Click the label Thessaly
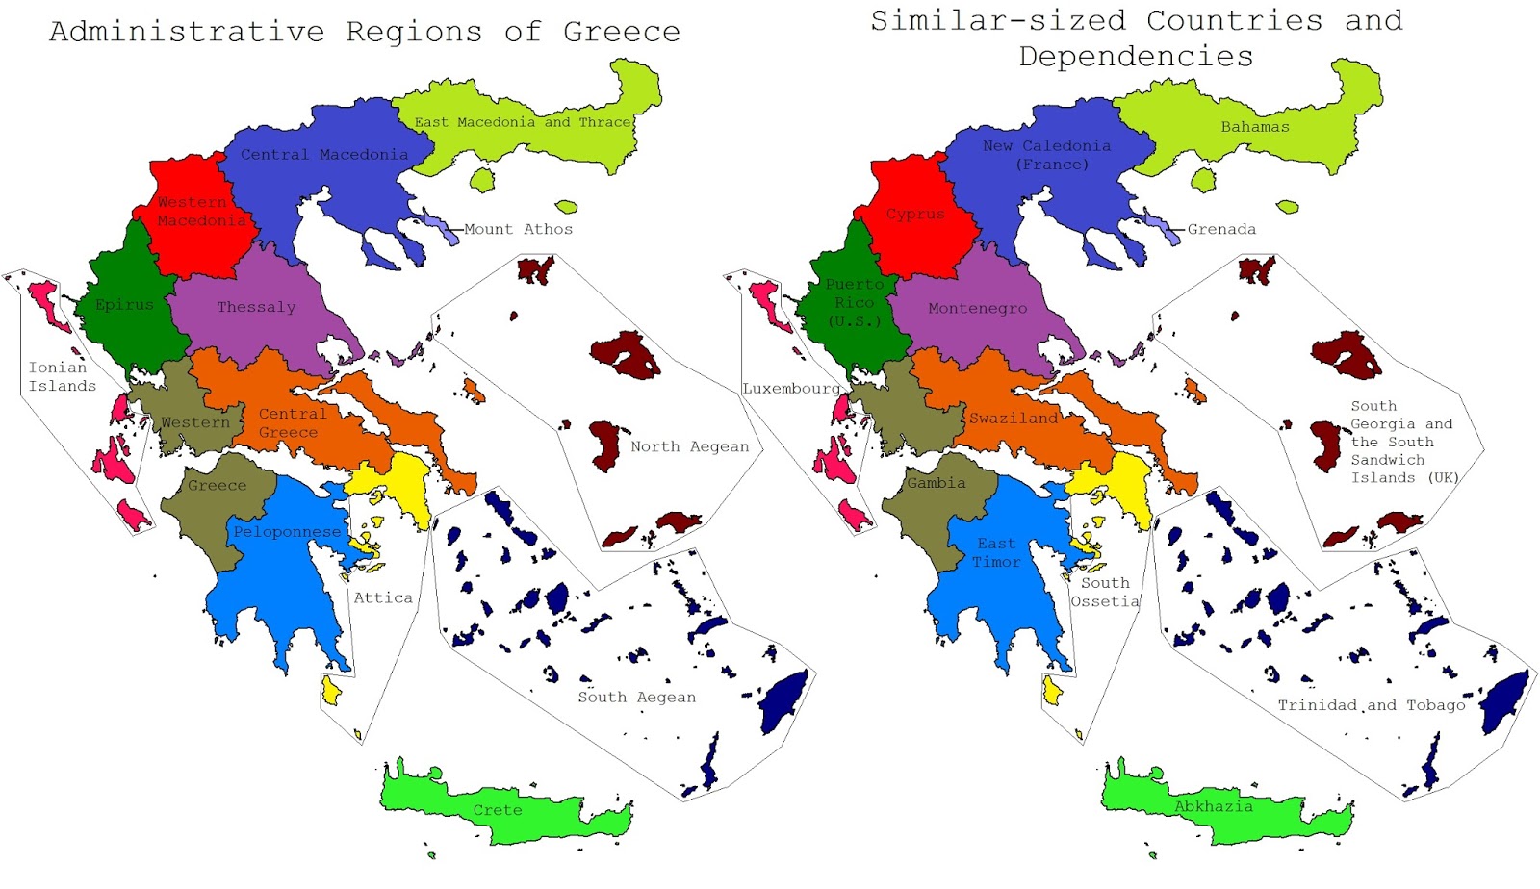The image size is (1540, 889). point(256,307)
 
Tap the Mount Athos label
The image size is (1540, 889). point(518,229)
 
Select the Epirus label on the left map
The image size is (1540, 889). point(124,305)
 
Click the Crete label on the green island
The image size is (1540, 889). point(498,810)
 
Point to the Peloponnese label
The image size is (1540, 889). point(287,532)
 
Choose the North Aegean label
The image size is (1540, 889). point(689,446)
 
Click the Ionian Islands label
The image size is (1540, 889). point(62,376)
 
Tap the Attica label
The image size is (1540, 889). point(383,597)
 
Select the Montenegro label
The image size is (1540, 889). point(977,309)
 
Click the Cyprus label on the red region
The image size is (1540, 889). point(915,215)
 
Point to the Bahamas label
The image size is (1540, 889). point(1255,127)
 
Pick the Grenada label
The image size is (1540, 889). point(1221,229)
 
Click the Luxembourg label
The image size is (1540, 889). point(791,389)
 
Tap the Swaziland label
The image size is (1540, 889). point(1014,419)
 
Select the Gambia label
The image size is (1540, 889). point(936,483)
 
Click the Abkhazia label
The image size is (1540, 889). point(1214,806)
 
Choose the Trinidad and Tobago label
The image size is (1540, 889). point(1372,705)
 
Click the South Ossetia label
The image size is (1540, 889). point(1105,592)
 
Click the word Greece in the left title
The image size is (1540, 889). point(622,32)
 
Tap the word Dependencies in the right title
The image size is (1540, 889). point(1136,57)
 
